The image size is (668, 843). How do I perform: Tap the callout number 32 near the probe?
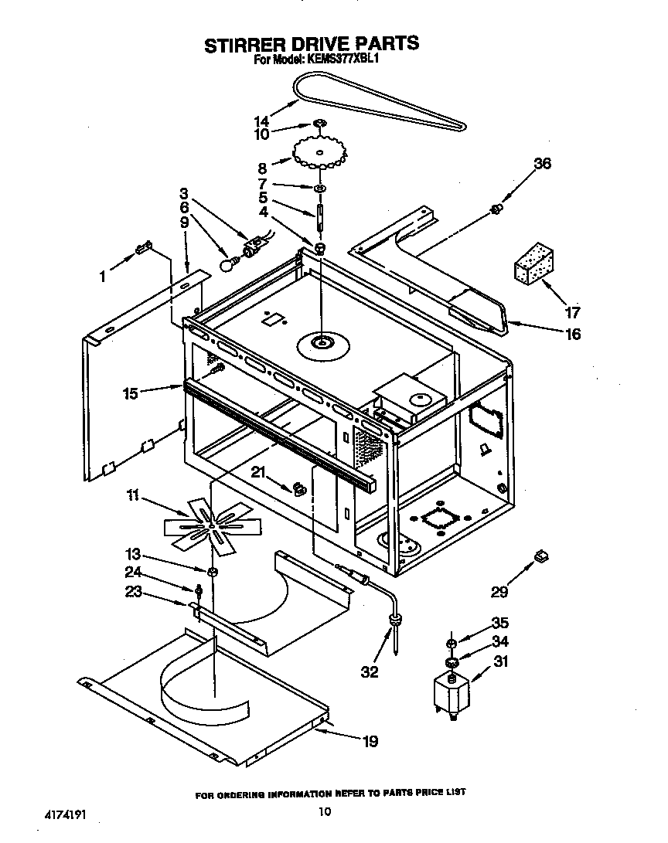370,671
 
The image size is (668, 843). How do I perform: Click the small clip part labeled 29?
541,555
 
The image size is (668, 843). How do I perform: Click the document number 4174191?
60,813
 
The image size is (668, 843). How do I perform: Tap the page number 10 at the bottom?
325,811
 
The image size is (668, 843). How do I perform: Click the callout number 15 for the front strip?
130,393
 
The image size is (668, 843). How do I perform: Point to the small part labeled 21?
298,488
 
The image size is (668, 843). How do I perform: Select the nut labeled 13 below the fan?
213,573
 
